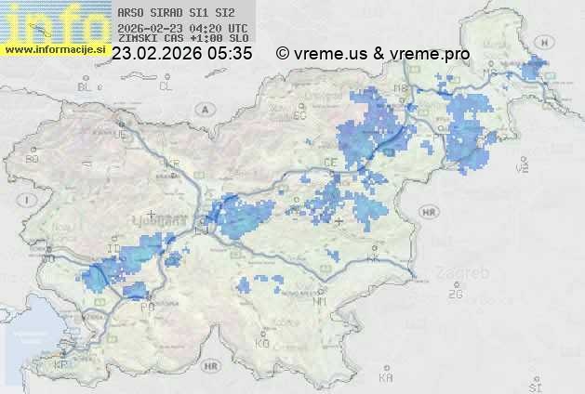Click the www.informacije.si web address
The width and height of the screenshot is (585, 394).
coord(53,48)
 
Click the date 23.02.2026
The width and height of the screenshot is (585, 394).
coord(158,54)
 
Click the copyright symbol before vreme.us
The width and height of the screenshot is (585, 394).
coord(282,54)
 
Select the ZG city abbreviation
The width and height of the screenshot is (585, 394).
coord(455,295)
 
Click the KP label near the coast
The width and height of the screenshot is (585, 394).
coord(61,365)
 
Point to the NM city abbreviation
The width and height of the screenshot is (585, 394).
coord(321,302)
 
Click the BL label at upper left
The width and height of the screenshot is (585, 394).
coord(86,86)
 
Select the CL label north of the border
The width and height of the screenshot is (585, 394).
coord(166,86)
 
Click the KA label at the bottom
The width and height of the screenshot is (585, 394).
coord(386,378)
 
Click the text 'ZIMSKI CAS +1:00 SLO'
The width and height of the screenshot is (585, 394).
coord(177,39)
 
